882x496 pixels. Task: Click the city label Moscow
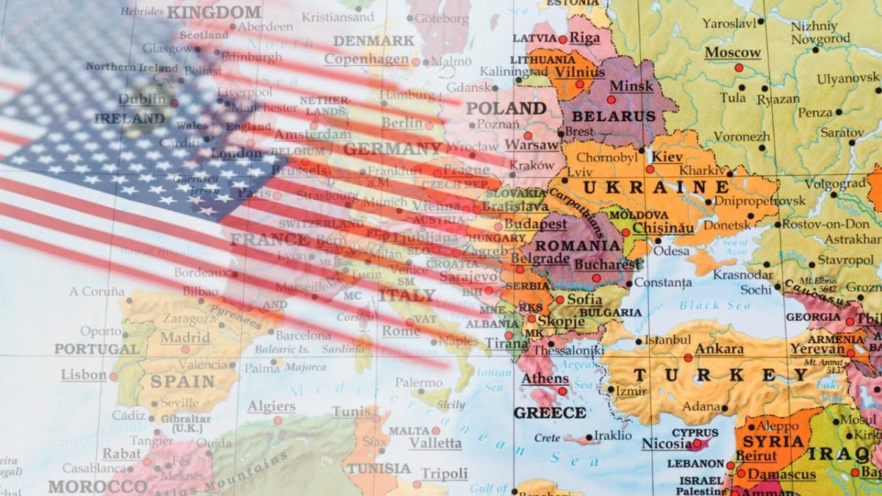point(733,53)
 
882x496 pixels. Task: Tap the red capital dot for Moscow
point(739,68)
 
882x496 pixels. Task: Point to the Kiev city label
point(667,157)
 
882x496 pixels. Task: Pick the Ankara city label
point(719,349)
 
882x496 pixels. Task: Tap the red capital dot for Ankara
point(687,358)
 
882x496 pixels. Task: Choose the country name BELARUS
point(614,117)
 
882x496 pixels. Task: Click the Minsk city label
point(631,86)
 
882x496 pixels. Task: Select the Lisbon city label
point(84,375)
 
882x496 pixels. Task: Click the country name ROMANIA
point(578,245)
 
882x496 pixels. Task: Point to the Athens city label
point(545,379)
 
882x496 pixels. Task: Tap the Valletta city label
point(435,443)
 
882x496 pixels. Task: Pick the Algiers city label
point(271,406)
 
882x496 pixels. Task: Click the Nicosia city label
point(667,444)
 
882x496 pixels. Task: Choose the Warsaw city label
point(532,145)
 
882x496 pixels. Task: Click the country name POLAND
point(507,108)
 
